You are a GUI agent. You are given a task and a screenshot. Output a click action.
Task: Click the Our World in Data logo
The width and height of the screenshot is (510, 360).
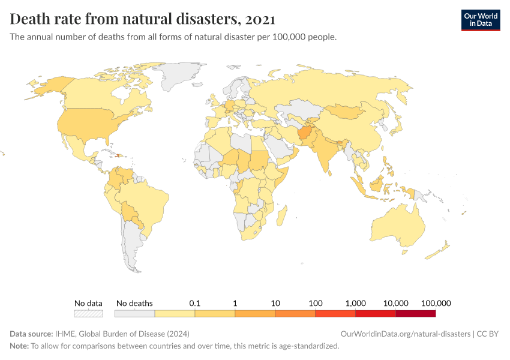[x=480, y=20]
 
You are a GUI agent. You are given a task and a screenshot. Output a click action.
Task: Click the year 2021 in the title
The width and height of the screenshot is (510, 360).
[x=260, y=19]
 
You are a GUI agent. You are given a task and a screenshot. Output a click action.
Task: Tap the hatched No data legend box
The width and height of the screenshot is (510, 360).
[x=88, y=313]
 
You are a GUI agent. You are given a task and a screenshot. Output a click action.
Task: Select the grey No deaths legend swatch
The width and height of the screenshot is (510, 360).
[x=134, y=313]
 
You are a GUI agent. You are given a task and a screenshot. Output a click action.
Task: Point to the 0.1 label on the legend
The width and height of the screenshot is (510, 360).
[x=194, y=303]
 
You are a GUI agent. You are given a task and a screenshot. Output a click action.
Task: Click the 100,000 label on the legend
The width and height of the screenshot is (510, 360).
[x=436, y=303]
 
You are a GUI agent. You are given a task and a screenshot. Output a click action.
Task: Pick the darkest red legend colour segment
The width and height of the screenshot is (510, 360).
[x=415, y=313]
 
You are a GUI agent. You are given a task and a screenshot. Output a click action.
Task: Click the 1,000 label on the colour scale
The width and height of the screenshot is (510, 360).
[x=356, y=303]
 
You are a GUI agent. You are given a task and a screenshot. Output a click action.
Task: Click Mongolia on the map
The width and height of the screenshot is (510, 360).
[x=347, y=112]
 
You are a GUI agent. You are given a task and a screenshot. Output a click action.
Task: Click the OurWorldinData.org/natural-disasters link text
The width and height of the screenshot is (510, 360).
[x=405, y=334]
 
